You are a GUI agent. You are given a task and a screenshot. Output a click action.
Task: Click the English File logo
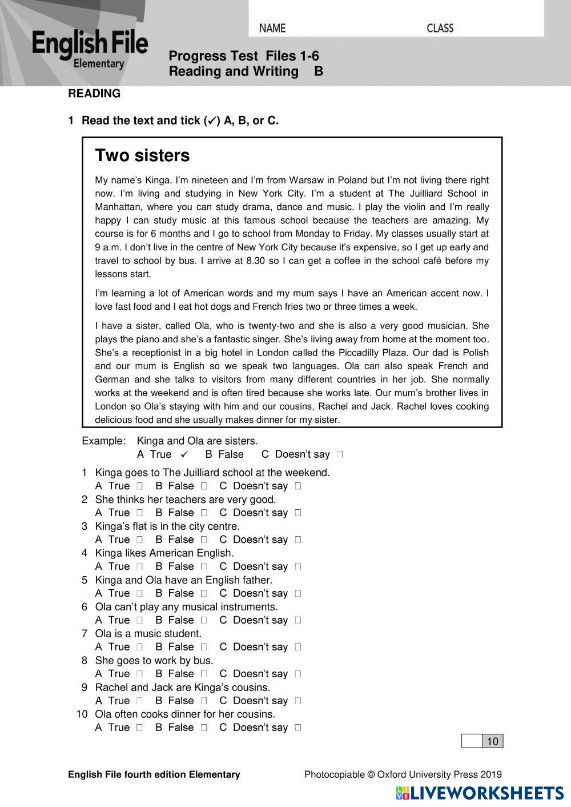[90, 49]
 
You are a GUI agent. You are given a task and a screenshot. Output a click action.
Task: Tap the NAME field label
[272, 28]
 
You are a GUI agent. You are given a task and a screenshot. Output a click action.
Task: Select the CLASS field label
[440, 28]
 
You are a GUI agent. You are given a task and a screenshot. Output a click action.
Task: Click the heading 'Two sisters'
[142, 155]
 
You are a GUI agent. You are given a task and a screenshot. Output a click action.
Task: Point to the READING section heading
[94, 94]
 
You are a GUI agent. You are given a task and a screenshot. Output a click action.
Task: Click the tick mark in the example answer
[184, 454]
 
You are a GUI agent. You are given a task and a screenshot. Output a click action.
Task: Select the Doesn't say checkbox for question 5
[297, 594]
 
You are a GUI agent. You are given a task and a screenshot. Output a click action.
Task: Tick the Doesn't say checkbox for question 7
[297, 648]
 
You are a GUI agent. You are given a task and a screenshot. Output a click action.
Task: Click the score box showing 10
[492, 741]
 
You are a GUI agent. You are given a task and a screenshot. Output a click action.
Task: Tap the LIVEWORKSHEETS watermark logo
[480, 793]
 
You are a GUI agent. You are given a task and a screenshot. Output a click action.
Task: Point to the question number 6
[85, 607]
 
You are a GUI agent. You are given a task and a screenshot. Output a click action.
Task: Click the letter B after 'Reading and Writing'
[319, 71]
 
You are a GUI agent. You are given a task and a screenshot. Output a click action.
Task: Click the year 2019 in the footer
[491, 774]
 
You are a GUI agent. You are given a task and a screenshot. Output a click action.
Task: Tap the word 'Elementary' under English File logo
[99, 64]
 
